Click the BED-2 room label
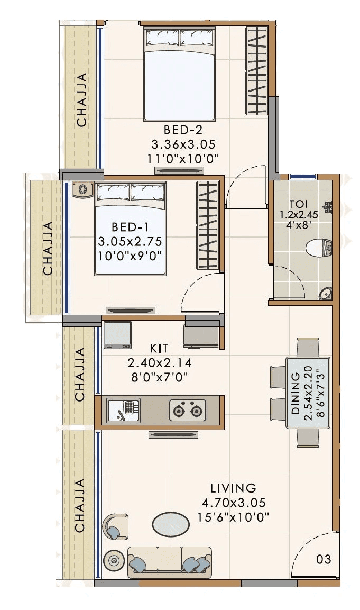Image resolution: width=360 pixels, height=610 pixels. (183, 130)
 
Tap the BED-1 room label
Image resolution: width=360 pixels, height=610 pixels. (130, 227)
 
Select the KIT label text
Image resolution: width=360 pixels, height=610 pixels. (159, 348)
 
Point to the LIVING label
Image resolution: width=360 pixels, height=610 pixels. (233, 488)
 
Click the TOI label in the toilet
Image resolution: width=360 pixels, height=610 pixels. (299, 204)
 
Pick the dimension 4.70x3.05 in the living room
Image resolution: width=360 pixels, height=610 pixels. (233, 503)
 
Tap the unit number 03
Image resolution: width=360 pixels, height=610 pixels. (324, 559)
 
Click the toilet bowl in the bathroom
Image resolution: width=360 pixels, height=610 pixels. (320, 246)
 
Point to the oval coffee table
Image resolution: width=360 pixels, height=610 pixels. (170, 524)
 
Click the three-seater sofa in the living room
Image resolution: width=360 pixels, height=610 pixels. (169, 562)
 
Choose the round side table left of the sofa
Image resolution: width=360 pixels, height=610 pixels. (113, 560)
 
